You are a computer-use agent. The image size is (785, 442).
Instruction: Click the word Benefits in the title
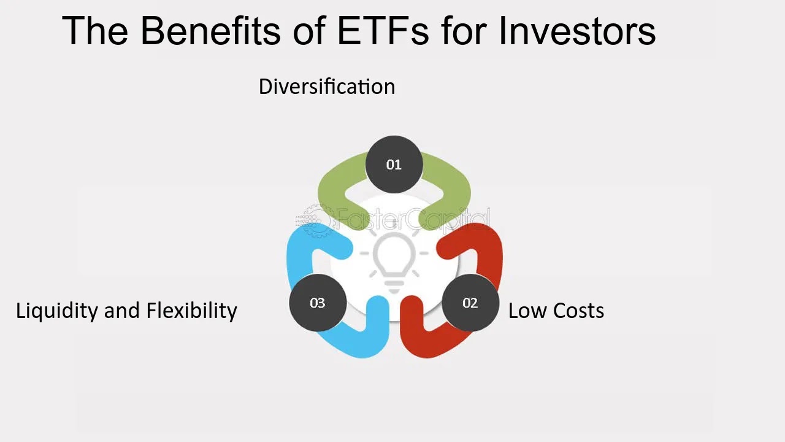[x=210, y=31]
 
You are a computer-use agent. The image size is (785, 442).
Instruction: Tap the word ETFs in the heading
[x=383, y=31]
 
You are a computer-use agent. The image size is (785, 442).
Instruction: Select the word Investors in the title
[x=577, y=31]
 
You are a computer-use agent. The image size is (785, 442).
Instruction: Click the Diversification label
[x=327, y=87]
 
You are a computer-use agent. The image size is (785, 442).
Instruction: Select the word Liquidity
[x=56, y=312]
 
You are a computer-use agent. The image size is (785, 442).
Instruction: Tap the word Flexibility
[x=192, y=312]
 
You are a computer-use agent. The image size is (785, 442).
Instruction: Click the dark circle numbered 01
[x=394, y=165]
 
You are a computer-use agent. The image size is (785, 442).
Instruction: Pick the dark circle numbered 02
[x=470, y=303]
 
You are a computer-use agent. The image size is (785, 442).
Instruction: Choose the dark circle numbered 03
[x=318, y=303]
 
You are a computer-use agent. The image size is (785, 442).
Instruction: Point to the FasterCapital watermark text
[x=413, y=220]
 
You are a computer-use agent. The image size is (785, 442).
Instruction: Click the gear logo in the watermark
[x=315, y=220]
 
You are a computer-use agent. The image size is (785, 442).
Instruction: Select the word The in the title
[x=95, y=31]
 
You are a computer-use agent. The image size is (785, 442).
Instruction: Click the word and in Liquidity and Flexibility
[x=122, y=312]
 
